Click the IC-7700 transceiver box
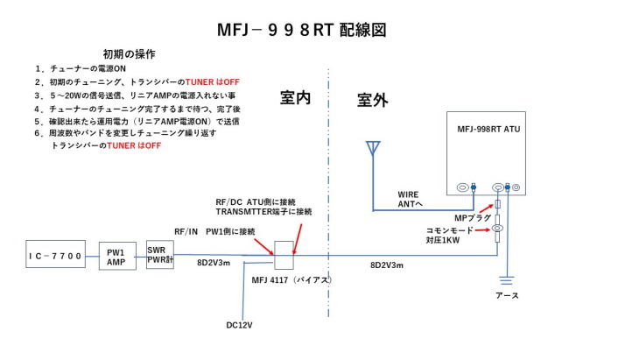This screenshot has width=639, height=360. pyautogui.click(x=54, y=257)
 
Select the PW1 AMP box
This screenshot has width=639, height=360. pyautogui.click(x=117, y=257)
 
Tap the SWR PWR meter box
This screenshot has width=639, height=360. pyautogui.click(x=159, y=254)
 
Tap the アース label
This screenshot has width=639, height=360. pyautogui.click(x=508, y=295)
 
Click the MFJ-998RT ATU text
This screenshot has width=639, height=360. pyautogui.click(x=492, y=128)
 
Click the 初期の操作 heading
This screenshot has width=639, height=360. pyautogui.click(x=129, y=53)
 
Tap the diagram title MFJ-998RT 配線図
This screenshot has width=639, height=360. pyautogui.click(x=302, y=29)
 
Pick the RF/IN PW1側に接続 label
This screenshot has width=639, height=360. pyautogui.click(x=215, y=230)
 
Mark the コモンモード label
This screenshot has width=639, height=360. pyautogui.click(x=449, y=229)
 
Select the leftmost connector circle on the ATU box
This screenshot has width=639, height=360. pyautogui.click(x=464, y=187)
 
